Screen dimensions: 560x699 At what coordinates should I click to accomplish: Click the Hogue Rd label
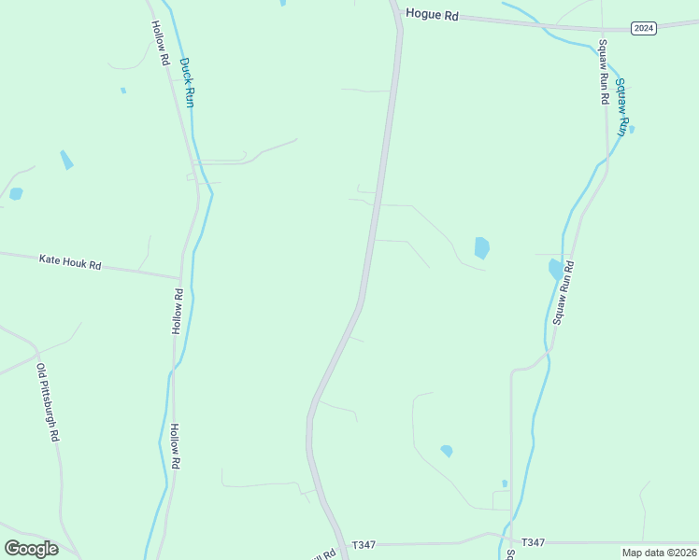432,15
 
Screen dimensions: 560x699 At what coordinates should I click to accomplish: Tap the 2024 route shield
643,28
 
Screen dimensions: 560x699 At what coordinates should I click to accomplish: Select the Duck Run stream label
187,83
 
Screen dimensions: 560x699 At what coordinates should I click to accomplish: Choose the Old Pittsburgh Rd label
48,401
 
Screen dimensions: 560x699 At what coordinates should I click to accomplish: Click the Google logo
31,548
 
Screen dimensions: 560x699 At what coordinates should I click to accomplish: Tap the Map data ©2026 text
659,553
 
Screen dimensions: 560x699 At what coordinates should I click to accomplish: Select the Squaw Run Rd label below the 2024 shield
604,72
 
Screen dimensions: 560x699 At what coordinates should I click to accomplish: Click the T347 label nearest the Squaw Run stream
533,542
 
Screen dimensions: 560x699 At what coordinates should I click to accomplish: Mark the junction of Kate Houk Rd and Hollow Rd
178,277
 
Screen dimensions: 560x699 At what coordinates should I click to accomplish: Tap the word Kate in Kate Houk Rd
49,259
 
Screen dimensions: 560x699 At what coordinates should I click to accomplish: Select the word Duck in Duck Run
185,69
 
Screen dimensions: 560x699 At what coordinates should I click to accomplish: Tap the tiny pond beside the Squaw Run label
632,129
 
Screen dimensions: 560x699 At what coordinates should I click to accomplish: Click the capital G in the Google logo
12,548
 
